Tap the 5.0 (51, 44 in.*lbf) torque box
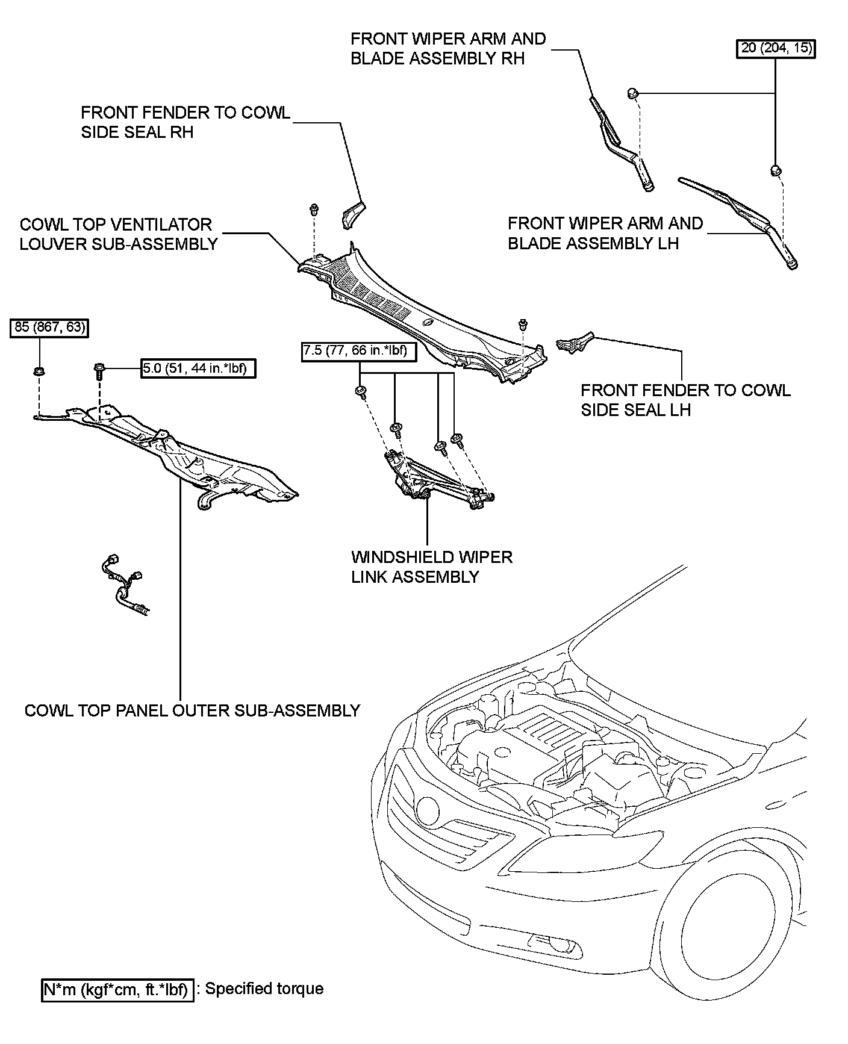pos(199,368)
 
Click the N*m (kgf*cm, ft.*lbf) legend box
pos(117,990)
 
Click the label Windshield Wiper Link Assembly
pos(431,567)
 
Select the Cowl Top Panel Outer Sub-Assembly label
pos(192,710)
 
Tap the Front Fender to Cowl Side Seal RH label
pos(185,122)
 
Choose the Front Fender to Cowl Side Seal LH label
pos(685,400)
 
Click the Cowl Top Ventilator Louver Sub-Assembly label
pos(119,234)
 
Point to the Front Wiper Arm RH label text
pos(448,48)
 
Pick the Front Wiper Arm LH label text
pos(605,233)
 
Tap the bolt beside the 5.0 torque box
pos(98,370)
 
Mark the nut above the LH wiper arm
pos(776,170)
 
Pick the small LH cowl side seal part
pos(575,343)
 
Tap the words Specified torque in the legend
pos(264,989)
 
